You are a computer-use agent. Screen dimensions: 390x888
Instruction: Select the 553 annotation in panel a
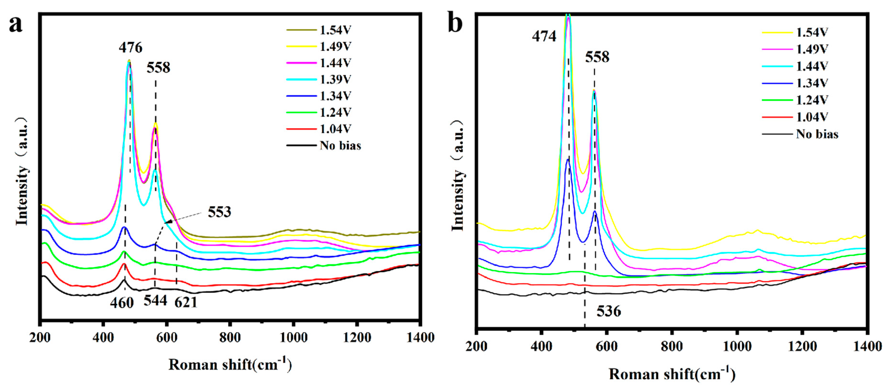[x=219, y=212]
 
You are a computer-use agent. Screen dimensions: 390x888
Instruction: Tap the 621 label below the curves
[x=186, y=302]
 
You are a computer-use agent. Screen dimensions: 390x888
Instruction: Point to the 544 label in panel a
[x=155, y=301]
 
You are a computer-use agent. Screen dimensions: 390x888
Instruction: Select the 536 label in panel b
[x=609, y=311]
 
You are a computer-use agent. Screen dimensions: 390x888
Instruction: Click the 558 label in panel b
[x=597, y=57]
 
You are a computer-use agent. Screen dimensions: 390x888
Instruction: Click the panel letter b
[x=455, y=23]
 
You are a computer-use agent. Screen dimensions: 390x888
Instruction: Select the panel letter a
[x=16, y=24]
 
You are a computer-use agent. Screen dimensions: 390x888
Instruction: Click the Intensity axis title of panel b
[x=457, y=176]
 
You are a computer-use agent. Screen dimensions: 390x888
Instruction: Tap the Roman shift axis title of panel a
[x=230, y=365]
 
